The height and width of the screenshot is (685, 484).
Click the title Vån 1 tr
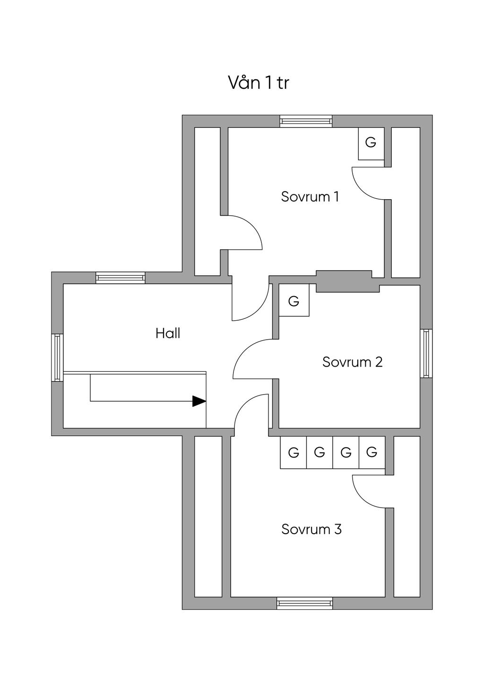pyautogui.click(x=258, y=83)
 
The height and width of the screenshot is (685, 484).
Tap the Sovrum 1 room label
pyautogui.click(x=310, y=197)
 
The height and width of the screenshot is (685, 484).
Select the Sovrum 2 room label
pyautogui.click(x=352, y=362)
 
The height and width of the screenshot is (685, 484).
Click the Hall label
pyautogui.click(x=168, y=333)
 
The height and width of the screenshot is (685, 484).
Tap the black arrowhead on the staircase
pyautogui.click(x=199, y=401)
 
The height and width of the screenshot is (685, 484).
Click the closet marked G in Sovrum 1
pyautogui.click(x=371, y=143)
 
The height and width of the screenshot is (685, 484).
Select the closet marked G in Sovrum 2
pyautogui.click(x=294, y=300)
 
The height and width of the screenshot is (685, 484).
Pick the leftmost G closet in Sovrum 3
pyautogui.click(x=294, y=452)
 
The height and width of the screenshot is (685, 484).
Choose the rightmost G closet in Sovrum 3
pyautogui.click(x=372, y=452)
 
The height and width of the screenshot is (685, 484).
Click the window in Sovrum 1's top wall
pyautogui.click(x=306, y=121)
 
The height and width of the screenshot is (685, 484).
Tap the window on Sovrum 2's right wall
pyautogui.click(x=426, y=353)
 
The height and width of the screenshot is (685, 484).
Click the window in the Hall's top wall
pyautogui.click(x=121, y=278)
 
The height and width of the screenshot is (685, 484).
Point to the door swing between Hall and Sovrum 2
pyautogui.click(x=244, y=348)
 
